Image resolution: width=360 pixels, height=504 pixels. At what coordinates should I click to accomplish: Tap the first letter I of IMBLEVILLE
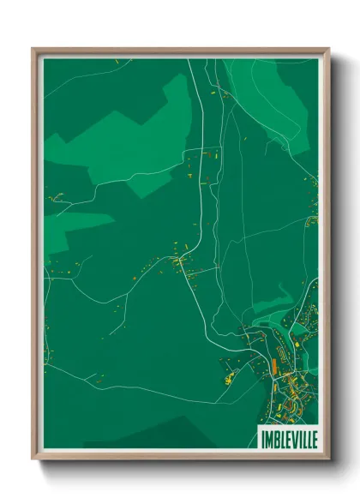(x=258, y=437)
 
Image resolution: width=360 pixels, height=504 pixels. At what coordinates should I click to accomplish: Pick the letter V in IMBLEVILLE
(x=290, y=437)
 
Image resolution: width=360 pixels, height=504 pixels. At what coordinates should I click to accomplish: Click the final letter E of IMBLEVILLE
(x=313, y=437)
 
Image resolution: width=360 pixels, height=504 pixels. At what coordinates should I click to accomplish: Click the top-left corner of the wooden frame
(x=33, y=49)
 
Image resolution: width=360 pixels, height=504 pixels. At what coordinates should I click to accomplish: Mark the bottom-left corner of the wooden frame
(x=33, y=459)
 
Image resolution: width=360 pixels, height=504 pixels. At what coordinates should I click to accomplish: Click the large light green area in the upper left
(x=129, y=129)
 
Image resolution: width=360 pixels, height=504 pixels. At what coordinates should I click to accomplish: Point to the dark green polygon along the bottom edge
(x=171, y=437)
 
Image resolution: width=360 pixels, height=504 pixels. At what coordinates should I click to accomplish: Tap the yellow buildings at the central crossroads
(x=179, y=259)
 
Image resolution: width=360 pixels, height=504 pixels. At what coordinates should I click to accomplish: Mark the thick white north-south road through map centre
(x=203, y=197)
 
